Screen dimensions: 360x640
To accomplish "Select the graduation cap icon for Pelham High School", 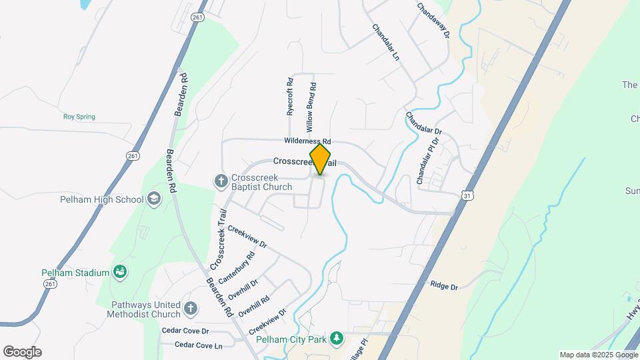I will (154, 198).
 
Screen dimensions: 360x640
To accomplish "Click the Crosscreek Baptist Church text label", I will (261, 182).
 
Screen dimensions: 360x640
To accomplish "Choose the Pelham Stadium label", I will (75, 272).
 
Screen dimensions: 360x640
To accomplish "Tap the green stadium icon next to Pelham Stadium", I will (121, 271).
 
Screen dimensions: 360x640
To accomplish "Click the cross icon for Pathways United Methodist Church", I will (191, 307).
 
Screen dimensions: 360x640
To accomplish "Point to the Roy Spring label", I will (79, 117).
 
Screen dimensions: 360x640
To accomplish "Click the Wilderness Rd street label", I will (307, 141).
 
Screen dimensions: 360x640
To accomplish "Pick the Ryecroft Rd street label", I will (290, 97).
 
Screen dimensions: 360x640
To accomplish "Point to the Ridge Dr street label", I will (444, 286).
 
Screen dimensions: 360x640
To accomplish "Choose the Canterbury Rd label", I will (241, 265).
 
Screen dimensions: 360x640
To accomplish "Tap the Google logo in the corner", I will (22, 352).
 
